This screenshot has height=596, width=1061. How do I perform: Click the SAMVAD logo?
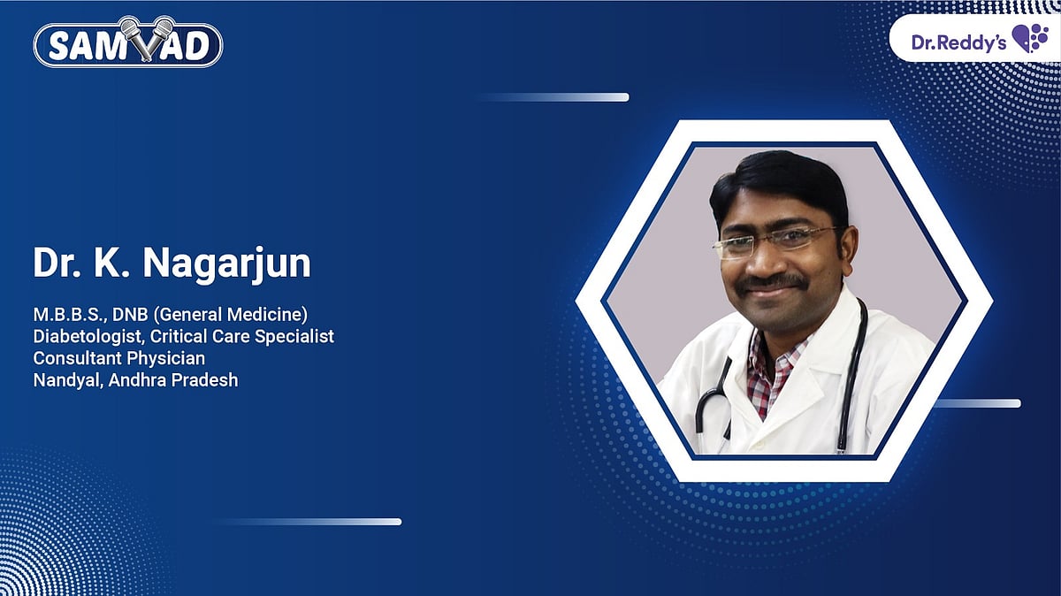coord(127,42)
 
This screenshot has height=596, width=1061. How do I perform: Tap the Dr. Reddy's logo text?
coord(959,42)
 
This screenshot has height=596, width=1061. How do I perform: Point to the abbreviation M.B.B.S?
coord(67,314)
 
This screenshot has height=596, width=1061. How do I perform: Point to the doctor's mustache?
coord(771,283)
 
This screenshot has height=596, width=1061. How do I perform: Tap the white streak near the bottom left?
coord(309,522)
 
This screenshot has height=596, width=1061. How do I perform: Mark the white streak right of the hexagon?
coord(976,403)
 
